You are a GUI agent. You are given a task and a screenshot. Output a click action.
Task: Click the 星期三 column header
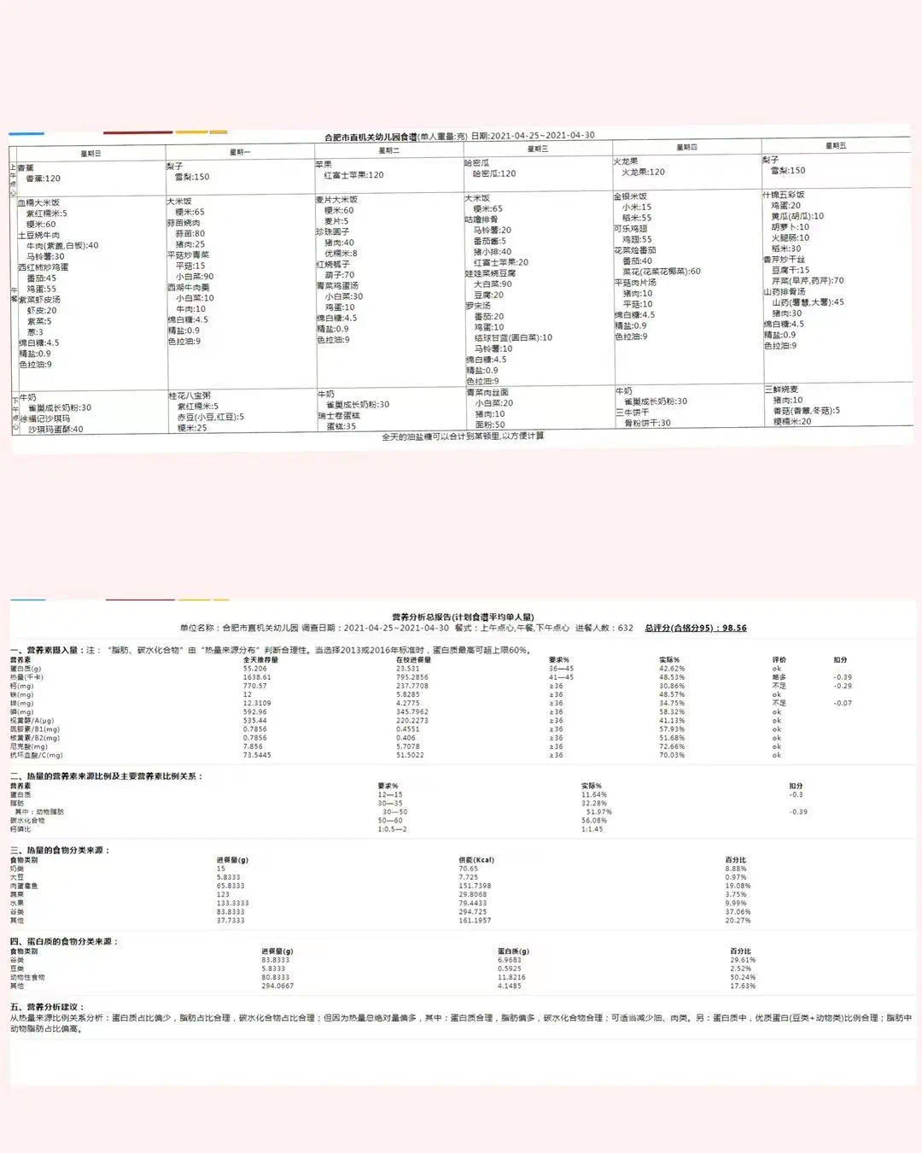(538, 149)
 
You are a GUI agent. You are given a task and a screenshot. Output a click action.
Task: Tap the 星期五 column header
(836, 146)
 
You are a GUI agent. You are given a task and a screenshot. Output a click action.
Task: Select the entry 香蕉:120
(44, 179)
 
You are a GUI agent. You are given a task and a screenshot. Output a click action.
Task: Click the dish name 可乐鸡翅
(630, 229)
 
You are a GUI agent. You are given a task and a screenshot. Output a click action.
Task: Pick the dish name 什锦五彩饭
(784, 195)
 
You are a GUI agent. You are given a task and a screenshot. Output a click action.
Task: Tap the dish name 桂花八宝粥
(190, 396)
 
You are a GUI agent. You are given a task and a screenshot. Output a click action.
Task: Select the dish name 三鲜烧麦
(781, 389)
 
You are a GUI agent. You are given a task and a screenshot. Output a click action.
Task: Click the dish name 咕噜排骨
(481, 219)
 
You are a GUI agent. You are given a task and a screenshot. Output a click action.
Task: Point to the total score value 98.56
(734, 628)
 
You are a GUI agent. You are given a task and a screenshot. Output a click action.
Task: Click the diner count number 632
(626, 628)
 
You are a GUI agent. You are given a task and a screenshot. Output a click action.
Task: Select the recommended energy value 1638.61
(257, 677)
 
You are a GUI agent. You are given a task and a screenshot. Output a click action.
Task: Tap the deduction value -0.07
(843, 703)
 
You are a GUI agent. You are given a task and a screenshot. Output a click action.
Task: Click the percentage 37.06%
(738, 912)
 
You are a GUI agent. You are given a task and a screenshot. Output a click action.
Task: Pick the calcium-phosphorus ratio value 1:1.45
(592, 829)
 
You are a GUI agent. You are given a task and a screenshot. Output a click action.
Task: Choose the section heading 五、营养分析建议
(47, 1007)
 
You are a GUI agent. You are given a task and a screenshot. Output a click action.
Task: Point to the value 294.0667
(277, 986)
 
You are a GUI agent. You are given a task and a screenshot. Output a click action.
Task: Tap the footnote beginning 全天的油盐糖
(463, 436)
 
